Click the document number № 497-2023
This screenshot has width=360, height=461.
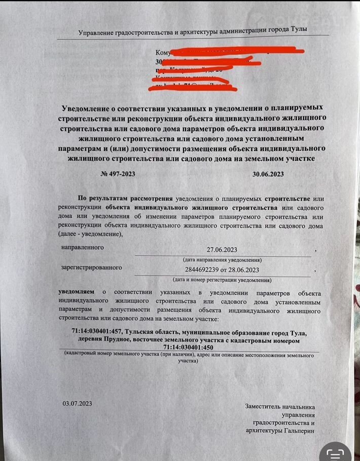pos(118,174)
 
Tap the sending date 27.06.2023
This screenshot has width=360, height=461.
pos(222,250)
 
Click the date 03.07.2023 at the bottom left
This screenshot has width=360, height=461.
pos(78,404)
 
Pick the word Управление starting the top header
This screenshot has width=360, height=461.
pos(97,33)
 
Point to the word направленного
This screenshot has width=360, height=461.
pos(82,247)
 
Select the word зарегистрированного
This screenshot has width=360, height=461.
pos(91,267)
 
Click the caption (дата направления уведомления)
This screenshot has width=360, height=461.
pos(222,259)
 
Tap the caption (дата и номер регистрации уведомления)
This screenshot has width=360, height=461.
pos(222,280)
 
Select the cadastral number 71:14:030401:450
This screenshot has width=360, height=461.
pos(188,348)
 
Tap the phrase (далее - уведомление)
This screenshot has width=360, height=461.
pos(91,234)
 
